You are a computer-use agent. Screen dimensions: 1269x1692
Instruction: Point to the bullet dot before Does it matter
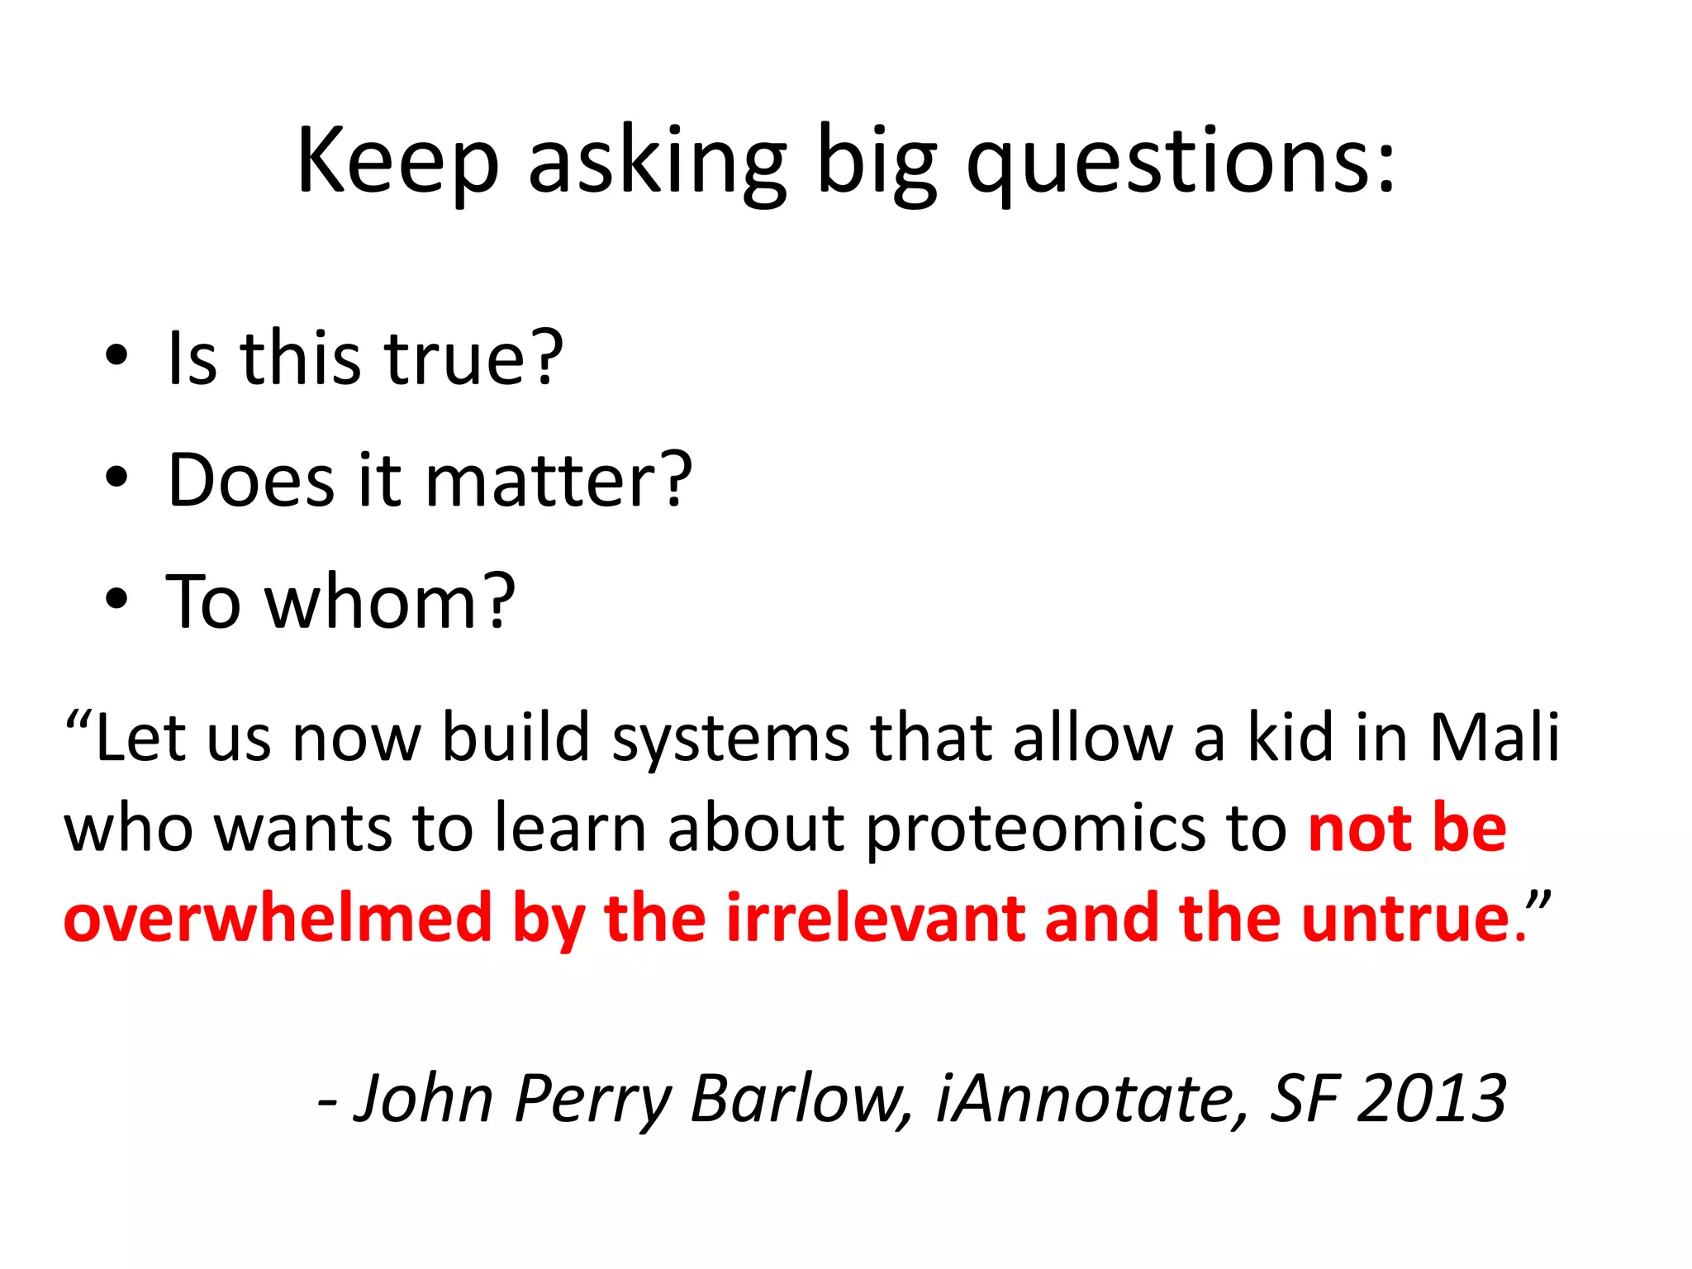click(x=116, y=478)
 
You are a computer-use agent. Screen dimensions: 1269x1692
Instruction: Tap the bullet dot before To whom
click(x=116, y=599)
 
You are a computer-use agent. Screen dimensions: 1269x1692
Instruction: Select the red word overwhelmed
click(x=278, y=919)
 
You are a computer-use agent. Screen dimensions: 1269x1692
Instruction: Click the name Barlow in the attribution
click(x=800, y=1099)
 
